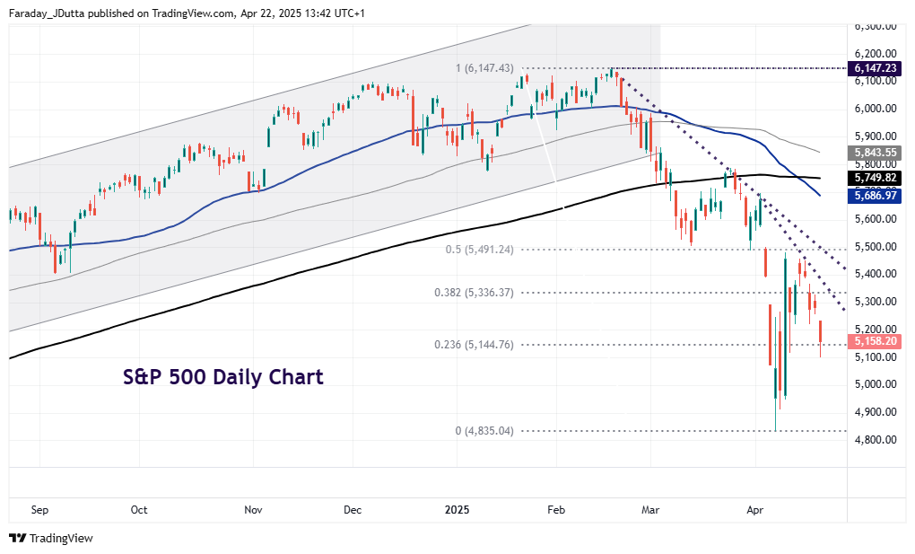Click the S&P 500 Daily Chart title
222,377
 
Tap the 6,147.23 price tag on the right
876,68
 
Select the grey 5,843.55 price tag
876,153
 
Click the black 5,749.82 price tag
876,178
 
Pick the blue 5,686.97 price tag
876,194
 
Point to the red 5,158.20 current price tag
876,341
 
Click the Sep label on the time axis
39,509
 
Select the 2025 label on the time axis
457,509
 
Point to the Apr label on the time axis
755,509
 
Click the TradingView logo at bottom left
51,538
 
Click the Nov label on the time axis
253,509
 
